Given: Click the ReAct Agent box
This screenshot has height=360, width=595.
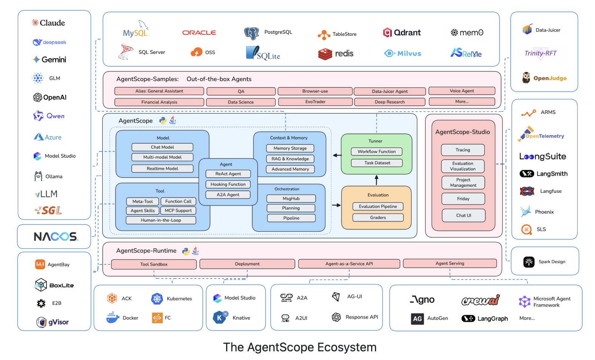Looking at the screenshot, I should click(x=228, y=174).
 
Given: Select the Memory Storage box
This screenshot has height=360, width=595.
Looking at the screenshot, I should click(x=290, y=148).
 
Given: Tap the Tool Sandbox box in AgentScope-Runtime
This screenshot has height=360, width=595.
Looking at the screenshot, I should click(x=154, y=264).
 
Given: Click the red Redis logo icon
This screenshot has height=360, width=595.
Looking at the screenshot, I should click(x=325, y=54).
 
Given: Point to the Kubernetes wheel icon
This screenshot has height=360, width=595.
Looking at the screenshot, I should click(x=157, y=298).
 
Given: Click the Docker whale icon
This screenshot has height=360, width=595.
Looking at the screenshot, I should click(x=113, y=318).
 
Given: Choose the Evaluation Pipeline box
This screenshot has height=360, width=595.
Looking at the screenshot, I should click(x=378, y=206).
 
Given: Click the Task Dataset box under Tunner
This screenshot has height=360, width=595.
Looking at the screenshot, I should click(x=377, y=163).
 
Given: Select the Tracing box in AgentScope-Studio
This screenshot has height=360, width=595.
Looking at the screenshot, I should click(x=462, y=150).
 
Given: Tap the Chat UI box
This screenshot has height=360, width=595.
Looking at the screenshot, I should click(x=463, y=215).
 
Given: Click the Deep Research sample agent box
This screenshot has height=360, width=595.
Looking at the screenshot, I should click(x=389, y=102).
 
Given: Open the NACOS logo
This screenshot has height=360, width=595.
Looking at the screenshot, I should click(x=56, y=237).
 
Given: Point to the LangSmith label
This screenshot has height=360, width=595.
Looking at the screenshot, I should click(x=552, y=174).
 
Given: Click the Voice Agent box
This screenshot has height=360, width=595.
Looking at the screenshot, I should click(x=461, y=91).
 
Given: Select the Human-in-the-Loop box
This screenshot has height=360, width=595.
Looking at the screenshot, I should click(x=161, y=220).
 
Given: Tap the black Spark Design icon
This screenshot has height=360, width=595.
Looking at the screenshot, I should click(x=529, y=262).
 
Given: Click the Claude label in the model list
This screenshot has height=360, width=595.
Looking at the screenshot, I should click(x=52, y=23).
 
